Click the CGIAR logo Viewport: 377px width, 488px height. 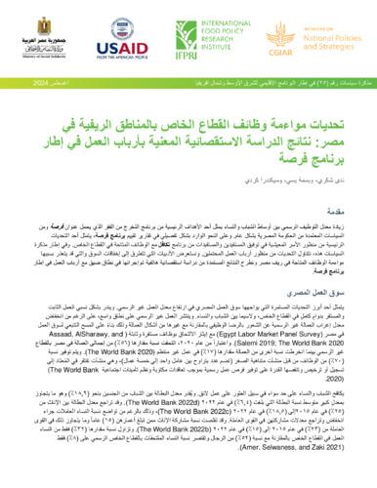coord(256,39)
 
